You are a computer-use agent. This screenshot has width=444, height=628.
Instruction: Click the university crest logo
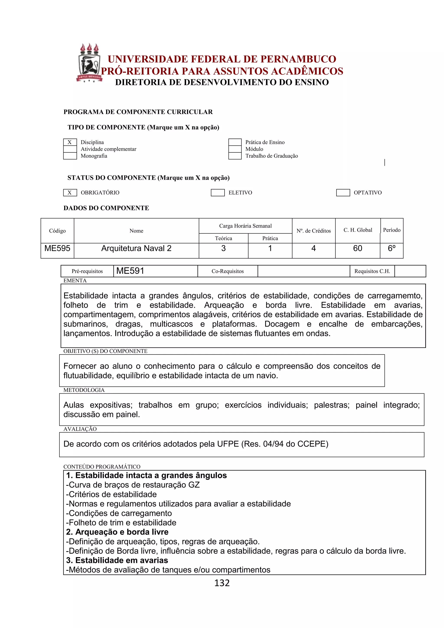coord(89,63)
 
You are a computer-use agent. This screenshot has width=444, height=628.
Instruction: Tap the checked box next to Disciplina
coord(70,142)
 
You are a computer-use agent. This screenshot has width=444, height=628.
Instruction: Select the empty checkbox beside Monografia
coord(70,156)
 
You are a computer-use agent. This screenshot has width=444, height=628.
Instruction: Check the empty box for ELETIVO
coord(218,193)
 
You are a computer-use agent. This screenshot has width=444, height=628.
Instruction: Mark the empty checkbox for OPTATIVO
coord(343,193)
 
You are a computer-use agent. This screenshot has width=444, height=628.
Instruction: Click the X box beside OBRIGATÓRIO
coord(70,193)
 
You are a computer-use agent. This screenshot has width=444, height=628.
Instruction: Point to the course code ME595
coord(57,248)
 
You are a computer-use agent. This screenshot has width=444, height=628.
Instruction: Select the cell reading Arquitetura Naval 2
coord(136,248)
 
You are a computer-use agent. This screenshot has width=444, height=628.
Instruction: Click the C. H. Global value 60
coord(357,248)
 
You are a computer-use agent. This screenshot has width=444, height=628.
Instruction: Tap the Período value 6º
coord(392,248)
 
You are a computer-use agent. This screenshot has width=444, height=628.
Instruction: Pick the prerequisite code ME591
coord(130,271)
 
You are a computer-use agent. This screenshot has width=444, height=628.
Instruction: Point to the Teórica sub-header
coord(223,238)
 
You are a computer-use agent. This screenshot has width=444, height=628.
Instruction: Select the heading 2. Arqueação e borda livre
coord(117,532)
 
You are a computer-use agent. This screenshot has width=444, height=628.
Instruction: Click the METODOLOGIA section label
coord(84,390)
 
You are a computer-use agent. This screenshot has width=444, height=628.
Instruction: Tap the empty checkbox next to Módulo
coord(235,149)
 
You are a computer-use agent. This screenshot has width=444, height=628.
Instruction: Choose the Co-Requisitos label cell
coord(227,271)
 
